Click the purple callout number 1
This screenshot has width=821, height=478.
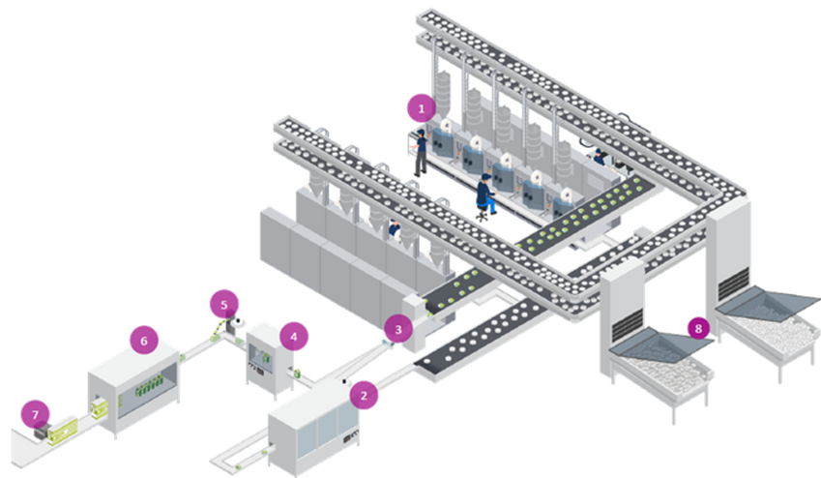tap(420, 108)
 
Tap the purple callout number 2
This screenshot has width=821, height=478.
tap(363, 394)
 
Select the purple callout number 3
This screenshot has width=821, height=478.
tap(395, 329)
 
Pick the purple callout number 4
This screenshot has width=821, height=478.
tap(293, 337)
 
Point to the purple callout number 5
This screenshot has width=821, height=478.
tap(223, 304)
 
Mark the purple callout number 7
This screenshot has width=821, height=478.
tap(35, 414)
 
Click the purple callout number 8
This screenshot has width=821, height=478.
tap(699, 328)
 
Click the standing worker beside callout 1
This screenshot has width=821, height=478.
tap(420, 151)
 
